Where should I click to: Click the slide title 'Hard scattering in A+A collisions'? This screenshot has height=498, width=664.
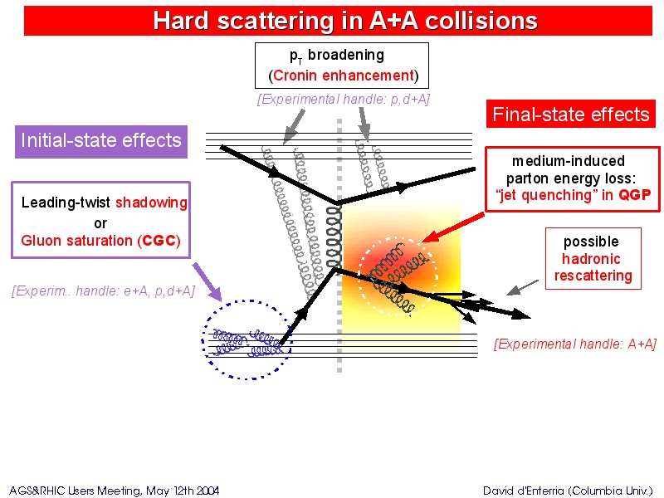pyautogui.click(x=345, y=21)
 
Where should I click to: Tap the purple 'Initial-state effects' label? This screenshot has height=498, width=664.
pyautogui.click(x=101, y=141)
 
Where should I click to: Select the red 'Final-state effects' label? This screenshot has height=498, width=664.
pyautogui.click(x=571, y=115)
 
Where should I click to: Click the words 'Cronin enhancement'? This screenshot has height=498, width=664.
pyautogui.click(x=344, y=76)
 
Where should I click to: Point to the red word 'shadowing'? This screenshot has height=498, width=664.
pyautogui.click(x=151, y=203)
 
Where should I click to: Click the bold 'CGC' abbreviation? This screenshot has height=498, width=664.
pyautogui.click(x=159, y=241)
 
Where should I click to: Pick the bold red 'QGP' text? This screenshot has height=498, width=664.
pyautogui.click(x=634, y=195)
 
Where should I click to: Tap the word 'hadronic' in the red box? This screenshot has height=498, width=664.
pyautogui.click(x=591, y=258)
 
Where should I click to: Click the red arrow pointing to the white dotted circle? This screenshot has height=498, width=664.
pyautogui.click(x=453, y=227)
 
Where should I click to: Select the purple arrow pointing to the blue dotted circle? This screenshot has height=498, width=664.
pyautogui.click(x=207, y=282)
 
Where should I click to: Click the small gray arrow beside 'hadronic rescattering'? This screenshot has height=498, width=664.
pyautogui.click(x=522, y=287)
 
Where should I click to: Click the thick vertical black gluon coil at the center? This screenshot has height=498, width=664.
pyautogui.click(x=334, y=237)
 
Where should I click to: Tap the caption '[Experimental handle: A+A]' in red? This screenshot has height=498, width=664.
pyautogui.click(x=575, y=344)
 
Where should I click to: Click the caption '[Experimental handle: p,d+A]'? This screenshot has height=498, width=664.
pyautogui.click(x=344, y=99)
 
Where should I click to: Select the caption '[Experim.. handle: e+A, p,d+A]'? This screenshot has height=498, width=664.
pyautogui.click(x=103, y=291)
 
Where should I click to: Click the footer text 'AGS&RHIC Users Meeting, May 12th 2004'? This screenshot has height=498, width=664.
pyautogui.click(x=115, y=491)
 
